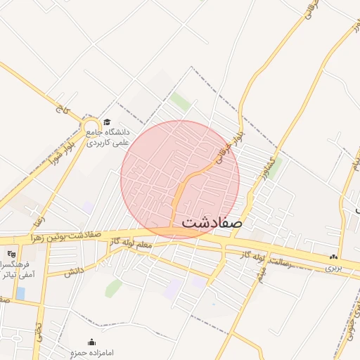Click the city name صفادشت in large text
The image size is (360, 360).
[212, 222]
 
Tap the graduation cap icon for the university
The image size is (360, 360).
[107, 122]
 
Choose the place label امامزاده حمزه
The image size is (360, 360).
[92, 352]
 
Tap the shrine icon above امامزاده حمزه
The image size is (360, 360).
[91, 342]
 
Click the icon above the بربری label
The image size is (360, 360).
[334, 258]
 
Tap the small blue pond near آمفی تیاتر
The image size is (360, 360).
[20, 292]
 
